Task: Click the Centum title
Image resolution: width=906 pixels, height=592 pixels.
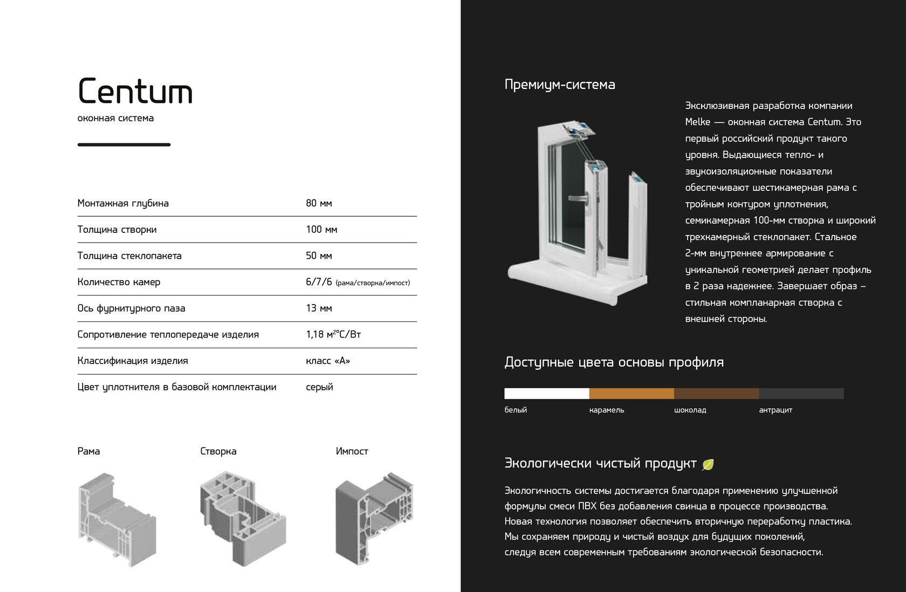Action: click(135, 91)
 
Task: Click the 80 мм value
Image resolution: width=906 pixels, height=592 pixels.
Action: click(319, 203)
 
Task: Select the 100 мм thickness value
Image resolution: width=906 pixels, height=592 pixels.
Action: click(321, 230)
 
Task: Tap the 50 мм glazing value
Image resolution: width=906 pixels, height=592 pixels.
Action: click(319, 256)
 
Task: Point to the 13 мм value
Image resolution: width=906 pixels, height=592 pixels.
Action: click(319, 308)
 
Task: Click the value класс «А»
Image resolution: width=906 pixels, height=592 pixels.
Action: click(328, 361)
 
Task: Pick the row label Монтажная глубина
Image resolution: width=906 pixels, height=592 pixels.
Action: click(123, 203)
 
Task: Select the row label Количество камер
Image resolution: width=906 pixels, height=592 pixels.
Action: click(119, 282)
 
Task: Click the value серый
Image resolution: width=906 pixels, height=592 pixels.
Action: click(319, 387)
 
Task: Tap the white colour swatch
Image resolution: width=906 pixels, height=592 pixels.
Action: click(546, 394)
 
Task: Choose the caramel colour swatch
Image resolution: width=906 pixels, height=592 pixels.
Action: click(632, 394)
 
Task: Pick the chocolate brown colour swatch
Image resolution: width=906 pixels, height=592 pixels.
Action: click(716, 394)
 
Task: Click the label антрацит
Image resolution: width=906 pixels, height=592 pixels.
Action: click(775, 410)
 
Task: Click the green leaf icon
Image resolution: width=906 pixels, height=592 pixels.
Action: click(708, 464)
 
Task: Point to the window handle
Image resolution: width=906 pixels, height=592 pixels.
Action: click(580, 198)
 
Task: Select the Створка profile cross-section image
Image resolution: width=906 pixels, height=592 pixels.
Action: click(242, 519)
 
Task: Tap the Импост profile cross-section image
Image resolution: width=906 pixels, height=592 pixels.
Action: click(374, 519)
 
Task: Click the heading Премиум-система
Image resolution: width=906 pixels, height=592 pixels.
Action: click(560, 85)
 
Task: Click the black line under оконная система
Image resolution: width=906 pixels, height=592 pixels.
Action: click(124, 144)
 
